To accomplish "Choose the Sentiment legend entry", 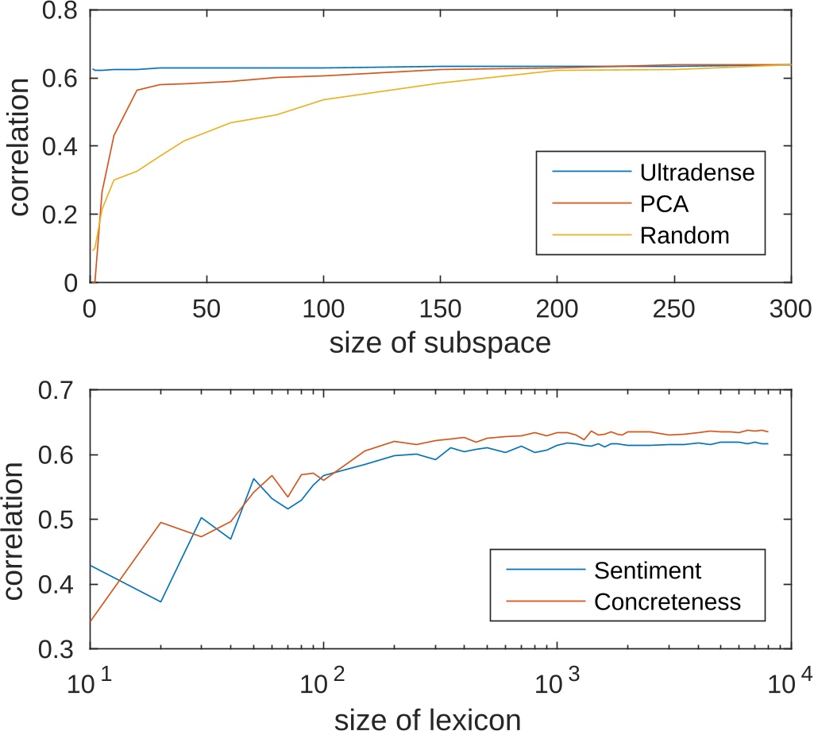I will coord(647,570).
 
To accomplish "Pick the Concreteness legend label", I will coord(667,601).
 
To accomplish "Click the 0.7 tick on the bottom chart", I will coord(61,390).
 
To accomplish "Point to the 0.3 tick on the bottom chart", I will coord(61,650).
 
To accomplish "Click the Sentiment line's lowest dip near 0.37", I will coord(160,601).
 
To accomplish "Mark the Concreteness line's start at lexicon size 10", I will coord(91,621).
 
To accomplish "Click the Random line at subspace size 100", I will coord(323,99).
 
